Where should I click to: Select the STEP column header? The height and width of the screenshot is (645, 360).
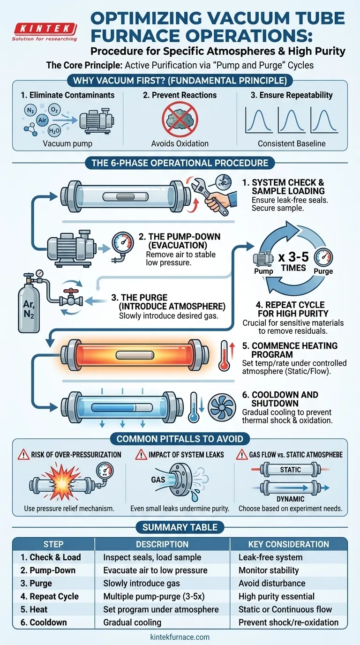pyautogui.click(x=53, y=544)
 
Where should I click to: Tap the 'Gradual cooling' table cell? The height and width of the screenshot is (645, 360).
pyautogui.click(x=132, y=622)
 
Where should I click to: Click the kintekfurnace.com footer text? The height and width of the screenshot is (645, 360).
pyautogui.click(x=180, y=637)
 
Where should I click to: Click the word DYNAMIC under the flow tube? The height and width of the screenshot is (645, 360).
pyautogui.click(x=290, y=500)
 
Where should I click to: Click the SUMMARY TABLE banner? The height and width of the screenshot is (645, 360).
pyautogui.click(x=180, y=527)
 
